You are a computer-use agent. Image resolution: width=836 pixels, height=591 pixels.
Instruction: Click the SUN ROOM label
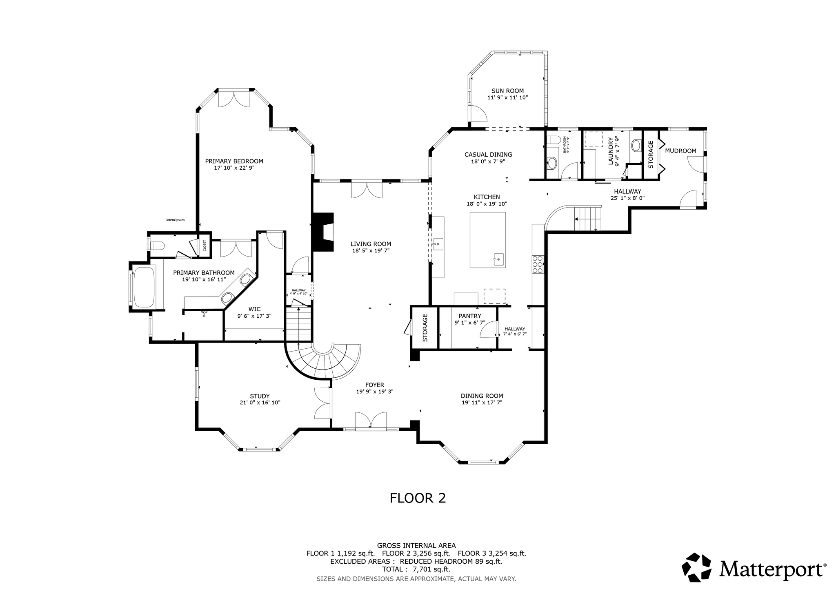(507, 91)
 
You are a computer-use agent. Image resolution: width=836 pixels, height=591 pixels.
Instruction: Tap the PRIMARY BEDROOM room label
(234, 161)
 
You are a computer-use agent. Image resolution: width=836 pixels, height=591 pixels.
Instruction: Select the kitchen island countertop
(487, 240)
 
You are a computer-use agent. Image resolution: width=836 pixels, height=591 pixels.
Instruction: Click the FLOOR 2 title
(418, 498)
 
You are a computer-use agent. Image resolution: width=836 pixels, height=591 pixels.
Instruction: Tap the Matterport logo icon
(696, 567)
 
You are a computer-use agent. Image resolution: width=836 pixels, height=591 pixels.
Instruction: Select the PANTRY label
(470, 316)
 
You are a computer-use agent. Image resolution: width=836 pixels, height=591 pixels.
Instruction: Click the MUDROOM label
(680, 151)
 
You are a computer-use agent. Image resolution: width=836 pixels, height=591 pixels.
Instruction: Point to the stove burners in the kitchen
(538, 264)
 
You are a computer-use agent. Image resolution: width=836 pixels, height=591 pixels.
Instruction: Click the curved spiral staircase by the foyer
(322, 359)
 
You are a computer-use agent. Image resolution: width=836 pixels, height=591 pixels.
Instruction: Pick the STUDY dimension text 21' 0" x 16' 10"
(260, 403)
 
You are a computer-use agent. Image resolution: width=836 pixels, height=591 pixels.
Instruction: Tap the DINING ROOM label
(482, 396)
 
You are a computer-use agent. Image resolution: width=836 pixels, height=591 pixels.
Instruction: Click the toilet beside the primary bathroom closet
(156, 246)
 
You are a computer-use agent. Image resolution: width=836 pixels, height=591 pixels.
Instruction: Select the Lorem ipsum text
(175, 220)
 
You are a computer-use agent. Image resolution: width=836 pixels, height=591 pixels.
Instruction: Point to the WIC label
(254, 309)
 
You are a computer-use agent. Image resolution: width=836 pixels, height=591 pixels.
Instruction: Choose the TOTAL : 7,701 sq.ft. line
(416, 569)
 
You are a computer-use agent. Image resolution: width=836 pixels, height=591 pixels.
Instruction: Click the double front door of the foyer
(371, 420)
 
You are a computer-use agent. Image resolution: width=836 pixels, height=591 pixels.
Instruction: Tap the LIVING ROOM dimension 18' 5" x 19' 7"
(371, 251)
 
